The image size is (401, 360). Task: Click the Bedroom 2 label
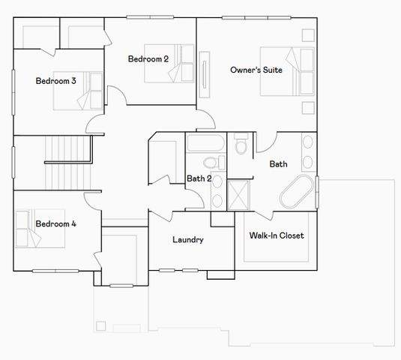pos(148,58)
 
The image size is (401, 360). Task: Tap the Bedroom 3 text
pos(55,81)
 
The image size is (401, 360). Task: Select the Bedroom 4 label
pos(55,223)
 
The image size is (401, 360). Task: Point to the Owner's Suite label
pos(257,70)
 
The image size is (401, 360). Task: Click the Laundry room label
pos(187,240)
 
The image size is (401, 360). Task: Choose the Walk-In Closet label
pos(276,235)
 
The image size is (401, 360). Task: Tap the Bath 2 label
pos(198,178)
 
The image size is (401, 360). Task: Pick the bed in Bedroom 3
pos(90,90)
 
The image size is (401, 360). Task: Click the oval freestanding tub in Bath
pos(298,192)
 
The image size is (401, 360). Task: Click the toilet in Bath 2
pos(211,163)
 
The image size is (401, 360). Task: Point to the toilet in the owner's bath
pos(241,142)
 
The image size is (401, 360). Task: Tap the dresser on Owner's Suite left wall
pos(204,75)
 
